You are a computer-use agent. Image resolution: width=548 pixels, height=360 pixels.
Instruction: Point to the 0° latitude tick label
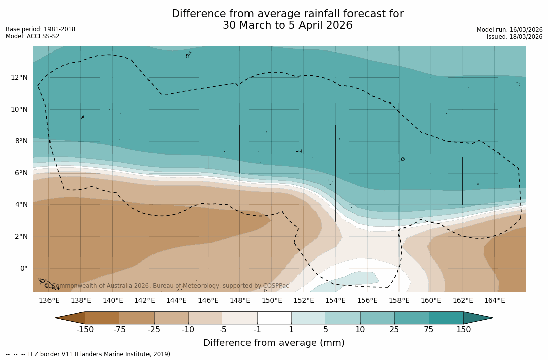(24, 269)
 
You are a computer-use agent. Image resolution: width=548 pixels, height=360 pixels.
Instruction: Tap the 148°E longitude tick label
(240, 301)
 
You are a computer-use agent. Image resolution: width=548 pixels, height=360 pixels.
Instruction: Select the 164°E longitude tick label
(494, 301)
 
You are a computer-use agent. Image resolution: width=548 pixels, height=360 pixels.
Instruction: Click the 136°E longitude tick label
(49, 301)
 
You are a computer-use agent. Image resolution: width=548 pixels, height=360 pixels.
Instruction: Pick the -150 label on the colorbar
(85, 330)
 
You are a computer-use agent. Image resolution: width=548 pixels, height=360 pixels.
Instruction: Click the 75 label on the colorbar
(429, 330)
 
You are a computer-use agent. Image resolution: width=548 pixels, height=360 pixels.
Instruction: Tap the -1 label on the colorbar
(257, 330)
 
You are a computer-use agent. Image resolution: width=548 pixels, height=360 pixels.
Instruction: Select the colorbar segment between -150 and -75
(102, 318)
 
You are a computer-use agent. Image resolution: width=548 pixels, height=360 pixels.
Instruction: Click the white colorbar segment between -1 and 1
(274, 318)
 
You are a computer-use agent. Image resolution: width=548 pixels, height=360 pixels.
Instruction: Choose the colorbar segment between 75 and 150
(446, 318)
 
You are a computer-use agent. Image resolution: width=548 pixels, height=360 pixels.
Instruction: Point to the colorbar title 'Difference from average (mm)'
(274, 343)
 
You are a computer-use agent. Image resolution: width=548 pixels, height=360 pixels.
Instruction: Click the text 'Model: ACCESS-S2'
(32, 36)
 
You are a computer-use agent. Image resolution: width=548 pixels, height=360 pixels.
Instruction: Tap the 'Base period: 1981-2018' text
(40, 29)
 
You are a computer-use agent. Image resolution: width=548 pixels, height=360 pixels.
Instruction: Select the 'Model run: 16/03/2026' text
(510, 30)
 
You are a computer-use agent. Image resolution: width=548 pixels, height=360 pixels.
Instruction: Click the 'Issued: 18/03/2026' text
(515, 37)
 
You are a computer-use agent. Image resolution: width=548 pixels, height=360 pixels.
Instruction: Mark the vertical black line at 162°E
(463, 181)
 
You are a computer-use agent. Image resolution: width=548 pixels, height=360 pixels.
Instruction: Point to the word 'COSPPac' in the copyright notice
(276, 286)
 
